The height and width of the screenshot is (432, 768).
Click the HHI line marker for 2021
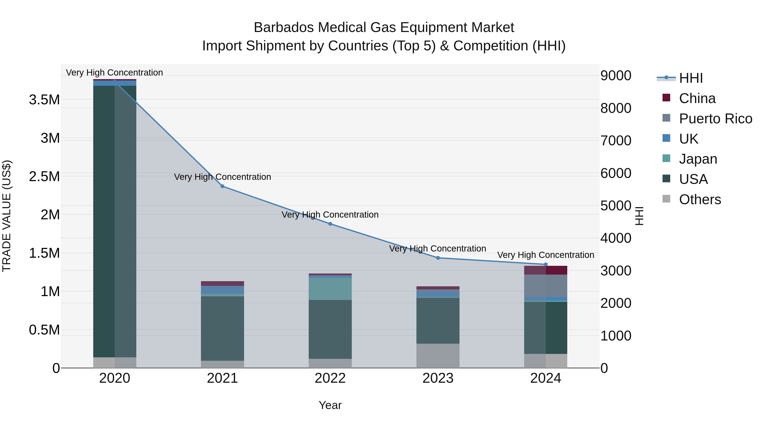[x=223, y=186]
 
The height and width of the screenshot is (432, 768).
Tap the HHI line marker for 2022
[x=330, y=224]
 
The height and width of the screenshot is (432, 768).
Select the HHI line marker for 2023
[x=438, y=258]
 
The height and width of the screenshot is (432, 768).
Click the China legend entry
[x=697, y=98]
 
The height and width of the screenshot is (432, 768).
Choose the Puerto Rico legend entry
[x=715, y=119]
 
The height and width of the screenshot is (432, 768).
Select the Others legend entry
[x=700, y=199]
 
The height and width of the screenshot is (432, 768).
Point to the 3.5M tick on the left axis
[x=44, y=100]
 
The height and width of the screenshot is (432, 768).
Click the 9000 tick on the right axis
[x=616, y=76]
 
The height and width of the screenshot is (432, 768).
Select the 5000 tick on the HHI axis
[x=616, y=206]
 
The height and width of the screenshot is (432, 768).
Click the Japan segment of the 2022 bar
[x=330, y=289]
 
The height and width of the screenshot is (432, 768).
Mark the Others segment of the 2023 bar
[x=438, y=356]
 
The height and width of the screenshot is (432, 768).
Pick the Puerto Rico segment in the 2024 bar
[x=546, y=286]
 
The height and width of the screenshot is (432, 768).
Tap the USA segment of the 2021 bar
[x=223, y=328]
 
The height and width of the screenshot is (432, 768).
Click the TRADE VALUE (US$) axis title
[x=7, y=216]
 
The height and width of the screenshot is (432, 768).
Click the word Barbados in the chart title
[x=284, y=28]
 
